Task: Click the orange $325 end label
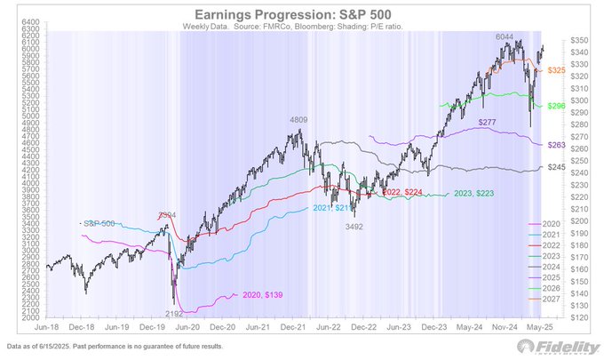pos(559,69)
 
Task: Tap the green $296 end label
pos(558,106)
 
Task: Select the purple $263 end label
pos(558,144)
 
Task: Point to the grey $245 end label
pos(558,167)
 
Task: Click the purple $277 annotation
pos(487,121)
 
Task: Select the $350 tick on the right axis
pos(582,41)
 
